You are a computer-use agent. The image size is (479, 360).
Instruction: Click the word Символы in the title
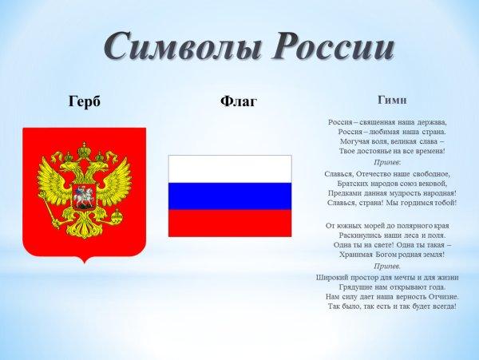[171, 47]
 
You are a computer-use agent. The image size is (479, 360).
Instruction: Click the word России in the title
[330, 47]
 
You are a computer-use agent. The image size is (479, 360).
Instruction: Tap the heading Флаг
[237, 101]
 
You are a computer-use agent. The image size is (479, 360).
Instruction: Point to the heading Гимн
[391, 101]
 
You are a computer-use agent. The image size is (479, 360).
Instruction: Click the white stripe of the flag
[230, 169]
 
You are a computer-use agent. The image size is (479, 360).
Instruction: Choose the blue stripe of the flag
[230, 196]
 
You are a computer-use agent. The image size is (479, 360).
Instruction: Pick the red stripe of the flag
[230, 224]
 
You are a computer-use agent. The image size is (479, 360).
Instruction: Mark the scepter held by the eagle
[48, 209]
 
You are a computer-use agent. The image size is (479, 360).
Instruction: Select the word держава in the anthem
[428, 121]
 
